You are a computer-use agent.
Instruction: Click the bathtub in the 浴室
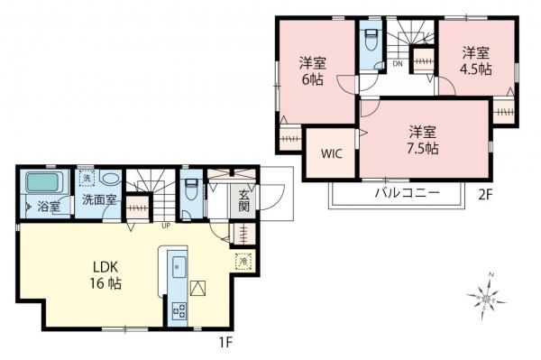point(42,183)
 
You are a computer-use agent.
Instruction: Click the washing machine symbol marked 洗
point(86,178)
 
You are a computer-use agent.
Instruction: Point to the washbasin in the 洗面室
point(110,179)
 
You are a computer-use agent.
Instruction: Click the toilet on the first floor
point(191,192)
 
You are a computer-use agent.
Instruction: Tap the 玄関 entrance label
point(243,199)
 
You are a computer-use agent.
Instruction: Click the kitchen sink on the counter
point(177,266)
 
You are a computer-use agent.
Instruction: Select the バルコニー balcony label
point(407,193)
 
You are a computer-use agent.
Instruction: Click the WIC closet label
point(331,153)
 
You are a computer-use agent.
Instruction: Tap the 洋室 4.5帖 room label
point(476,60)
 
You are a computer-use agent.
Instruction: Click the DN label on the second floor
point(398,63)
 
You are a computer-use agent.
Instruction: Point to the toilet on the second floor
point(371,42)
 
